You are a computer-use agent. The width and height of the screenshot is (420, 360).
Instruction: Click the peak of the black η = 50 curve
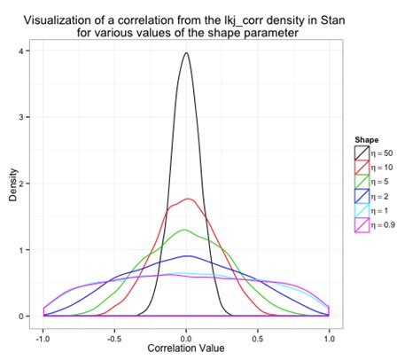tap(186, 53)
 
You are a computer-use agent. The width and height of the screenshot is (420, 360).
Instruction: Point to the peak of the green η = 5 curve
tap(184, 230)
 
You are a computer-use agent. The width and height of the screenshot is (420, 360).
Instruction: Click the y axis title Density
tap(12, 184)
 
